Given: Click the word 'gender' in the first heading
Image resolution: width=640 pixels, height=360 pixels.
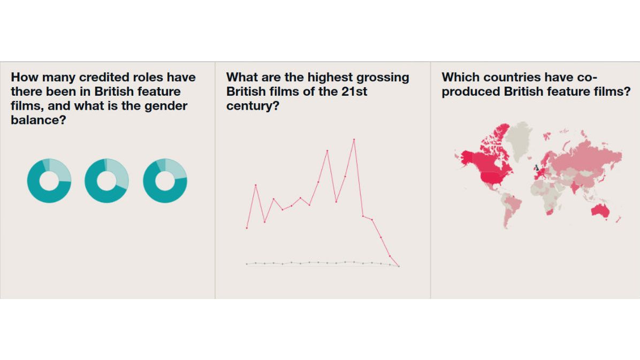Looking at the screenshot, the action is pos(166,106).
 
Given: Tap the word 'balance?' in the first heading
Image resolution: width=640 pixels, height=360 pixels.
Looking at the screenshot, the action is pos(39,120).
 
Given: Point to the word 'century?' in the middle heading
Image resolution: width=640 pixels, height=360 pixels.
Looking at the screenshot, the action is pos(253,106).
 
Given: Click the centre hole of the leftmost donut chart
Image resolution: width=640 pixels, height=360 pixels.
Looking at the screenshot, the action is pos(49,181).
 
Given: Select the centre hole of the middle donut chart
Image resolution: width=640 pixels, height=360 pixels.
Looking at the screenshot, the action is pos(107,181).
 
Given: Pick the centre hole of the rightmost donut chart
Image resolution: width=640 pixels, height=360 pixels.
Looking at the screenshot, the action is pos(165,181).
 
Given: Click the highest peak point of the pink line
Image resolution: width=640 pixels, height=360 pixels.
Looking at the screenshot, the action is pos(354,140).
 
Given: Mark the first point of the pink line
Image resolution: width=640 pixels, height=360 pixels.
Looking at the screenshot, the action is pos(247,228).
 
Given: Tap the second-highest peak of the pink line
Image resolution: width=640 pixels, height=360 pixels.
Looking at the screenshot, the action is pos(327,151).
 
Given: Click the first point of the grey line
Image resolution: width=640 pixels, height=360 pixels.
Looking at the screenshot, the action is pos(247,264).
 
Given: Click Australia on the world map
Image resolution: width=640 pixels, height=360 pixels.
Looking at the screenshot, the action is pos(600,210).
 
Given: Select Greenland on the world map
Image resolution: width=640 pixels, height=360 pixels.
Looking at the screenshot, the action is pos(519,139).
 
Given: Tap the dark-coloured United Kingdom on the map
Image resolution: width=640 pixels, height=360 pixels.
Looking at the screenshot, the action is pos(537,167).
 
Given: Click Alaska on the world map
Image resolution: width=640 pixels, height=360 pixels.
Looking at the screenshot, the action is pos(466,157).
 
